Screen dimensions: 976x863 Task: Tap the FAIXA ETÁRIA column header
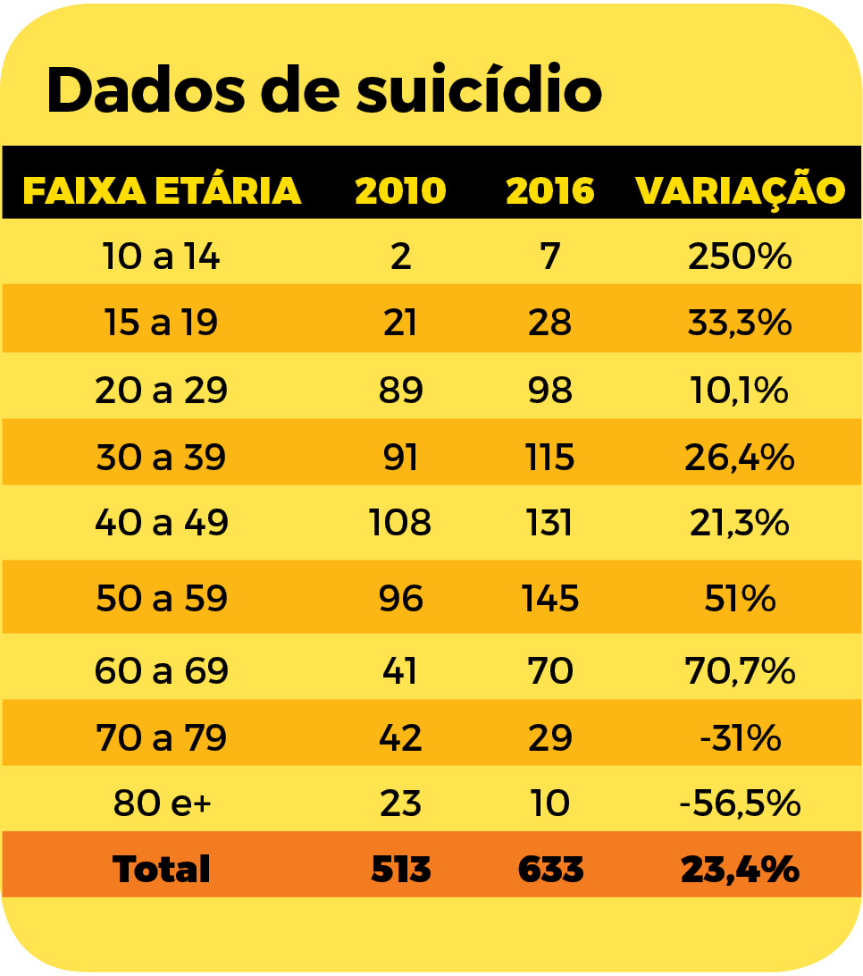(162, 190)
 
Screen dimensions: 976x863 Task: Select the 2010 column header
(400, 190)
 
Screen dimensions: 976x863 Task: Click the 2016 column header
(549, 190)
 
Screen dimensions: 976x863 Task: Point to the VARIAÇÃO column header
(740, 190)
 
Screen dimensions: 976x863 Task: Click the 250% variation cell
(740, 257)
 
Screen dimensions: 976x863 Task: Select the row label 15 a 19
(161, 323)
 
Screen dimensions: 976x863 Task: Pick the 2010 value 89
(400, 391)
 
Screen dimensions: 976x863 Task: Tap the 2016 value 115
(549, 457)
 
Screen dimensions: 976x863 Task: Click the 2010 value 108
(400, 523)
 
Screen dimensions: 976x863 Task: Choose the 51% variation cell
(740, 598)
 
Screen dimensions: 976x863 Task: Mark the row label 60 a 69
(161, 670)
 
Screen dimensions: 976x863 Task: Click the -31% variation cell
(740, 738)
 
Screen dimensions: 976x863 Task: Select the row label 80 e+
(161, 804)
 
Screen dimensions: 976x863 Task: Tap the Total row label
(162, 869)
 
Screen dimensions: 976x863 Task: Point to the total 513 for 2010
(400, 869)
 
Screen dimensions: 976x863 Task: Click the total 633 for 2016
(550, 869)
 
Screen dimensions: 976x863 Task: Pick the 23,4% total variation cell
(740, 869)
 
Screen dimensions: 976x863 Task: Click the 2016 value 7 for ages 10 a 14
(549, 257)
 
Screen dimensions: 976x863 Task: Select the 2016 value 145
(549, 598)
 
